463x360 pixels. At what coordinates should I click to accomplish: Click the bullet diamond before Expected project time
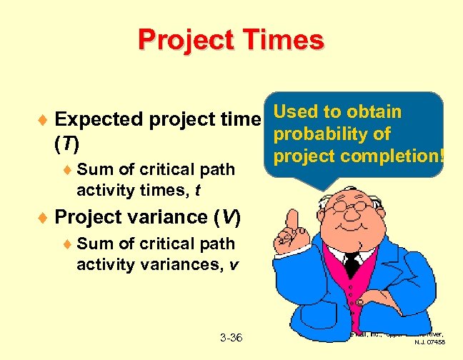44,119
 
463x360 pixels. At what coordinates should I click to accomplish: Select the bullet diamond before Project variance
44,216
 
